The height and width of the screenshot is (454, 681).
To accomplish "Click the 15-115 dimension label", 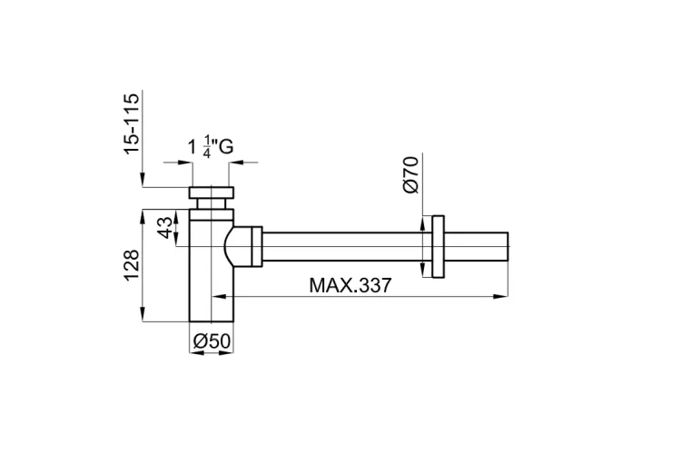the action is [132, 123].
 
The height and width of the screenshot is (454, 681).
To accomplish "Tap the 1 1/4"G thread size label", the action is [211, 147].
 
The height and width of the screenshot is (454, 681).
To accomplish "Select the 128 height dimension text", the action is [132, 265].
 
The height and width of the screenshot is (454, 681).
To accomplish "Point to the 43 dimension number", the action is [164, 228].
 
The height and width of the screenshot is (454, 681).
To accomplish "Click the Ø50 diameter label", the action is [212, 341].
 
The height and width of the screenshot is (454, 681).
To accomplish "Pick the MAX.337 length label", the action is [350, 285].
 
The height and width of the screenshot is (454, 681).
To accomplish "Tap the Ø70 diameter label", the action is [410, 174].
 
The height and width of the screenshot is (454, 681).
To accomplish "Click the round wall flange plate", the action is [438, 246].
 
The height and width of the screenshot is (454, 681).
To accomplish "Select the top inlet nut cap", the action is [212, 192].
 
